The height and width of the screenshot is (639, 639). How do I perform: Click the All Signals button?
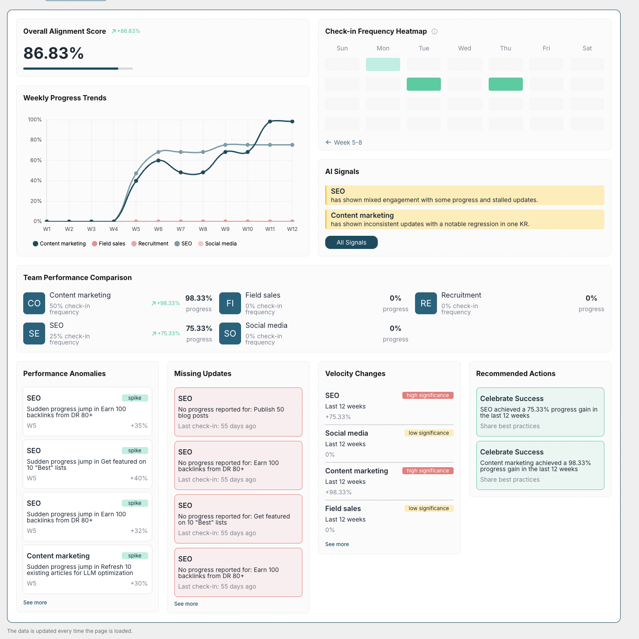(x=351, y=242)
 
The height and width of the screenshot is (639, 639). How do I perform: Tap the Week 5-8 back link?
(x=344, y=142)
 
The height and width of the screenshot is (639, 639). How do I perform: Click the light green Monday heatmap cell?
(x=383, y=64)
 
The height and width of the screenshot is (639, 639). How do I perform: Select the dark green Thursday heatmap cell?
(x=505, y=84)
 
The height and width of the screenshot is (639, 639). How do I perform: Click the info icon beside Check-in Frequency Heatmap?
(x=435, y=32)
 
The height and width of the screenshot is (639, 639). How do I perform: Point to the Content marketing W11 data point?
(x=270, y=121)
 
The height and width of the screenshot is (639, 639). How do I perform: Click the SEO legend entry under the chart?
(x=183, y=244)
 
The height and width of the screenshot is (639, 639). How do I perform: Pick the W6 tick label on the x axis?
(x=158, y=229)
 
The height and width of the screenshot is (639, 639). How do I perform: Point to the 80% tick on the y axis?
(x=35, y=140)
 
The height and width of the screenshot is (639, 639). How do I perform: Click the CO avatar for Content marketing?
(x=34, y=303)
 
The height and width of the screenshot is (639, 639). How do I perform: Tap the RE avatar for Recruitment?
(x=426, y=303)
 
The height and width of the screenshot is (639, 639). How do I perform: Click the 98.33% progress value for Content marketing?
(x=199, y=298)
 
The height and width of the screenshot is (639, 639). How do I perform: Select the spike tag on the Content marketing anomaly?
(x=135, y=556)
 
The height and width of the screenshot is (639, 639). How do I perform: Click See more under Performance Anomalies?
(x=35, y=603)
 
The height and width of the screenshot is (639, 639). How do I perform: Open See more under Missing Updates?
(x=186, y=604)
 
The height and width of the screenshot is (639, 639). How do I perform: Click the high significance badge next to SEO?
(x=427, y=395)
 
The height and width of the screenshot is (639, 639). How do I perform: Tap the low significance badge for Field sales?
(x=429, y=508)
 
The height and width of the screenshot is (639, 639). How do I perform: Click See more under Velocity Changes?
(x=337, y=544)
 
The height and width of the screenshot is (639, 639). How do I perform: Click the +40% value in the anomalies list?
(x=138, y=478)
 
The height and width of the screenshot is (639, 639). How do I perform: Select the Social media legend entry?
(x=217, y=244)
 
